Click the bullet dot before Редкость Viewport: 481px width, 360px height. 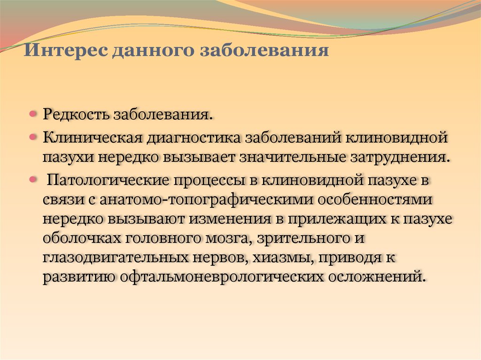[33, 115]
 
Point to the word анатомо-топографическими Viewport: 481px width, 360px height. [206, 199]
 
